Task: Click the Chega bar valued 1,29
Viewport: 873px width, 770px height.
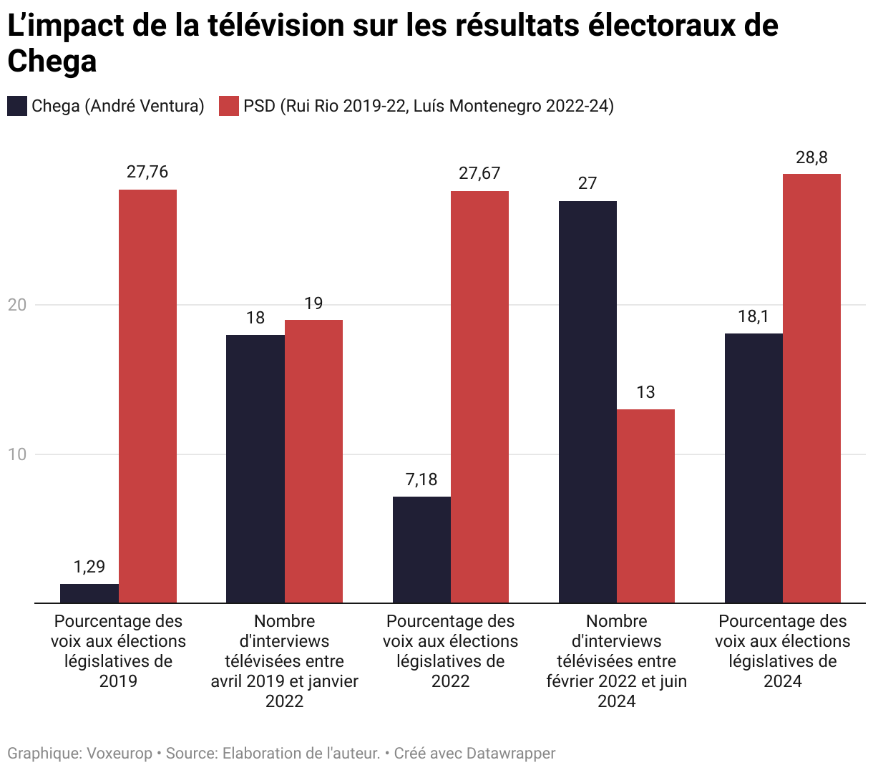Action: [x=89, y=593]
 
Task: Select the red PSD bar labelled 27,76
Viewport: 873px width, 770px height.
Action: [x=147, y=396]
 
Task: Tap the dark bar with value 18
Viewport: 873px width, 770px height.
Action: [x=255, y=469]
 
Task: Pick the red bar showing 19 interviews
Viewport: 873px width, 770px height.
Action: [x=313, y=461]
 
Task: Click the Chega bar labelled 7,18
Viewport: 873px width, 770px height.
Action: [x=421, y=550]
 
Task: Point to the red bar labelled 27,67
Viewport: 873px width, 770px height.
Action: [x=479, y=396]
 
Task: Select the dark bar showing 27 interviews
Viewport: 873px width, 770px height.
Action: [x=587, y=401]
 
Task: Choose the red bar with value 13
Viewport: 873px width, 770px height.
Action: [x=645, y=506]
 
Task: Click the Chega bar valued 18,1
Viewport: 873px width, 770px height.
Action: [x=753, y=468]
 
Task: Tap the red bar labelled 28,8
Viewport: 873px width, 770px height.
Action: [x=811, y=388]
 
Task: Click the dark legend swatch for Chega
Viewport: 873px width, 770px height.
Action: [x=17, y=107]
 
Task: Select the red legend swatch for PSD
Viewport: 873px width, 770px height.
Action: [x=228, y=107]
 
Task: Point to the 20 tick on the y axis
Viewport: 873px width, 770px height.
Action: [x=16, y=305]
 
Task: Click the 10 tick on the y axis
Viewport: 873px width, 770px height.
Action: [x=16, y=454]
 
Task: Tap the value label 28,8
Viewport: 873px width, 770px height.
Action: [x=811, y=158]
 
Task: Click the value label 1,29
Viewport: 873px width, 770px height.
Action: [x=89, y=567]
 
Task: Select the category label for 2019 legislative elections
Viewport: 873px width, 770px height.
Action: [x=118, y=650]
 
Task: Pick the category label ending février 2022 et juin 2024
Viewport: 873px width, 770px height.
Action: [x=616, y=661]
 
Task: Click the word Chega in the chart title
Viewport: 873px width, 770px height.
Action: [x=52, y=62]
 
